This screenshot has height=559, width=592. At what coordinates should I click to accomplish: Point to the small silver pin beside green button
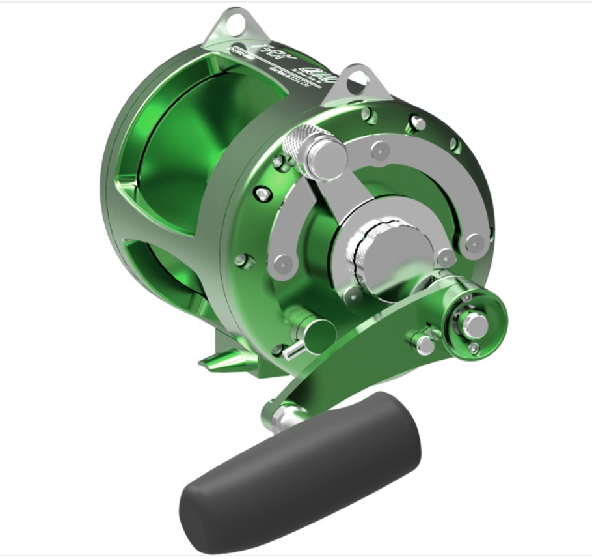(x=291, y=351)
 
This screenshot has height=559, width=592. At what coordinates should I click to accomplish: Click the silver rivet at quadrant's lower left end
(x=282, y=264)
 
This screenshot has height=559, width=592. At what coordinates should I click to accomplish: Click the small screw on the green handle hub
(x=473, y=349)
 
